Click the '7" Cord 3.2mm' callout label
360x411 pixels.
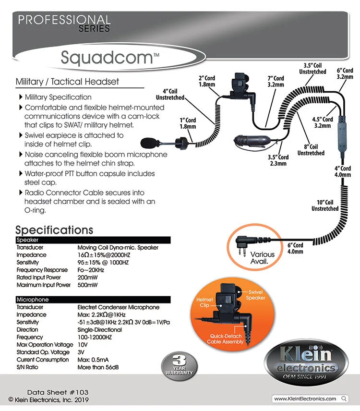[x=276, y=82]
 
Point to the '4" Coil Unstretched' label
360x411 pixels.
[x=170, y=94]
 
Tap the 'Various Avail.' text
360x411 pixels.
[x=263, y=258]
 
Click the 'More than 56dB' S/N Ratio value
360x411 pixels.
[x=98, y=367]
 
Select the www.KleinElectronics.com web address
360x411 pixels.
[x=305, y=399]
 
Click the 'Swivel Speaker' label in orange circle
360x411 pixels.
[x=256, y=295]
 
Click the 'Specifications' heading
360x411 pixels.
[x=54, y=230]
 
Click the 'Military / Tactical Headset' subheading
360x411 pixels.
[x=67, y=82]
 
